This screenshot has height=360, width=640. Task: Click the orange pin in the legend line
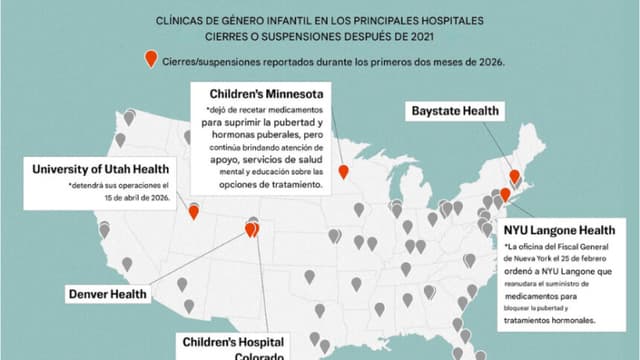(x=151, y=58)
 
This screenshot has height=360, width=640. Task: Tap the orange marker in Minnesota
(x=343, y=171)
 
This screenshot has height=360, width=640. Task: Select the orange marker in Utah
(x=194, y=212)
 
